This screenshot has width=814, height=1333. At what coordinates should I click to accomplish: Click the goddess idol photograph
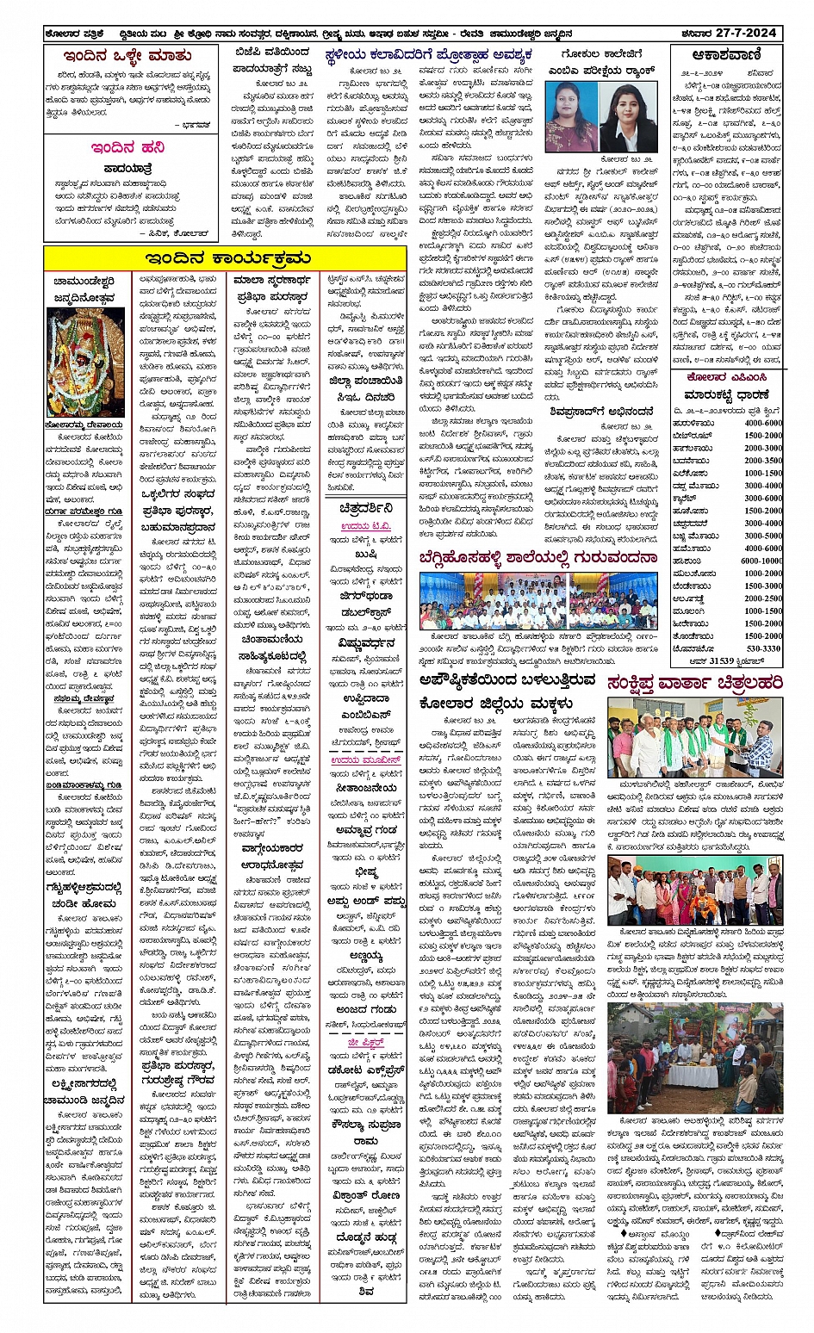(x=84, y=363)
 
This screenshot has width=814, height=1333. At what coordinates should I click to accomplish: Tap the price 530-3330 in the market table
(x=763, y=648)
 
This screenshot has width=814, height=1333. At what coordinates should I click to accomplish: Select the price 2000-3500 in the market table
(x=763, y=461)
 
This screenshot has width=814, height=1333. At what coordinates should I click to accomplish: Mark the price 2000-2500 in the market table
(x=763, y=598)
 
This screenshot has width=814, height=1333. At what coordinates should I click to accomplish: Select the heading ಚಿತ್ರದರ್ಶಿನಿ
(x=365, y=509)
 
